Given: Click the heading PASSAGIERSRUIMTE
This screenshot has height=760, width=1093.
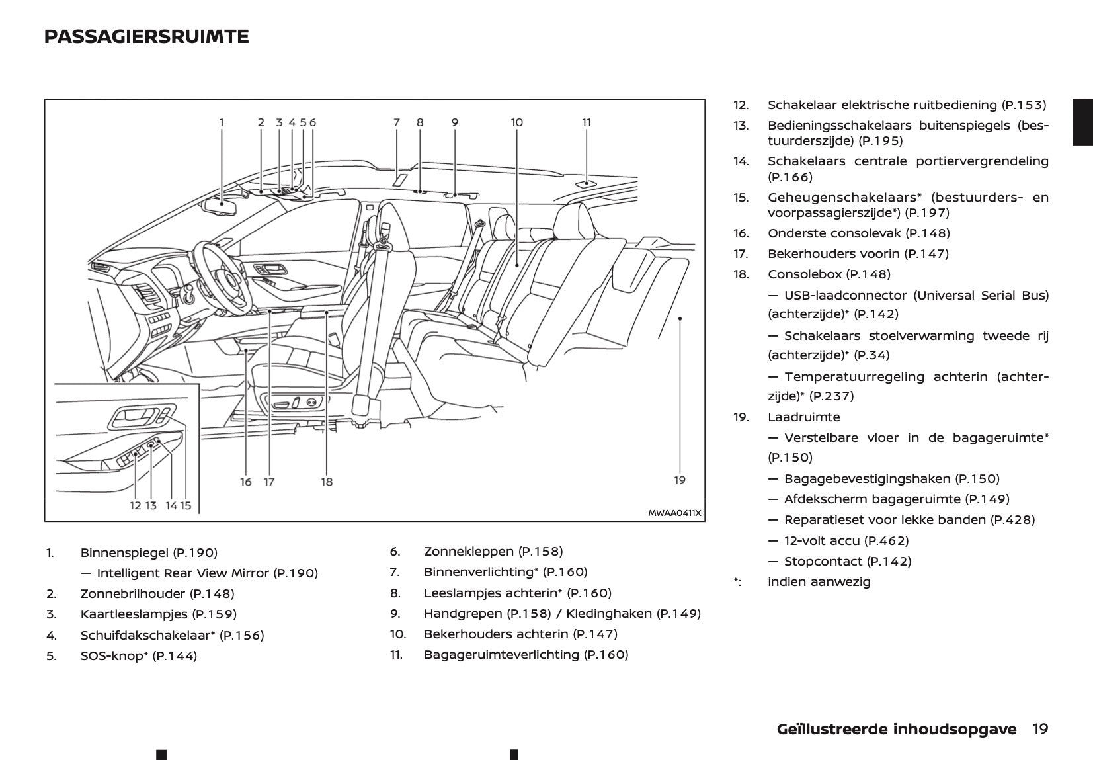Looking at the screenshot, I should [146, 37].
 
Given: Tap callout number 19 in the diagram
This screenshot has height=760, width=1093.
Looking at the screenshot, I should [680, 480].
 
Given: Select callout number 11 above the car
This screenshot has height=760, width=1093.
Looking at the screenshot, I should [587, 122].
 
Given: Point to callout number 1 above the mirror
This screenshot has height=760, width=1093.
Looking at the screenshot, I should [222, 122].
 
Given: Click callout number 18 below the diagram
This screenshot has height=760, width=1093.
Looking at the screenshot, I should [327, 482].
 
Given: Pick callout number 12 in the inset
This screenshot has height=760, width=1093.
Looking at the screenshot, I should [135, 505].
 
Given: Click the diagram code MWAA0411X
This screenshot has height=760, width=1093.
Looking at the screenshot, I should [674, 513].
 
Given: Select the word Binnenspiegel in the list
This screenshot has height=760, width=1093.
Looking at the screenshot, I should [124, 552].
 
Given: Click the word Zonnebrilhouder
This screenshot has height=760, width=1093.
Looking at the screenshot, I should [132, 594].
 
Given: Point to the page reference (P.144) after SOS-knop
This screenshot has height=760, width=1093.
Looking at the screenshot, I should [175, 656].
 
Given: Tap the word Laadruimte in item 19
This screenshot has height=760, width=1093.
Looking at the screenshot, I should [803, 417].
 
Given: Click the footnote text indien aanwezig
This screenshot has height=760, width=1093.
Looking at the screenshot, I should [819, 582].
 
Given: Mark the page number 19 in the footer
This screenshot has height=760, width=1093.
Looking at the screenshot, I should [1040, 729].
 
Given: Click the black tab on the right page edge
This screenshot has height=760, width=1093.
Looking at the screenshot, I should [1082, 122].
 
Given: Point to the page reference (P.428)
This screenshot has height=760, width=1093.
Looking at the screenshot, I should [1012, 520].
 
